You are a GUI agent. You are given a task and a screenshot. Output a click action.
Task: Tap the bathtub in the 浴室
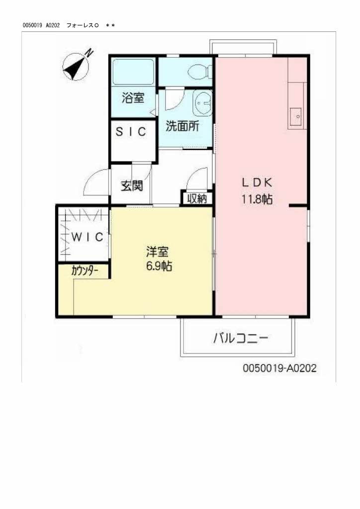tap(133, 73)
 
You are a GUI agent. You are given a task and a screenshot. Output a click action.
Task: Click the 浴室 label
tap(133, 98)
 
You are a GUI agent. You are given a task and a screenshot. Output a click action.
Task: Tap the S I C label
tap(131, 132)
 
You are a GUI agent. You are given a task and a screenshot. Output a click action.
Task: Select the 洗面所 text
tap(182, 126)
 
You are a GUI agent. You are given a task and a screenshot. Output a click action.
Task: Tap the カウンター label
tap(84, 271)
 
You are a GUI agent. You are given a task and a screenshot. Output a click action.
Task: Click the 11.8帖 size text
tap(257, 200)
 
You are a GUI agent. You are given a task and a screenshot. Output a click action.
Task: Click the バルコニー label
tap(241, 339)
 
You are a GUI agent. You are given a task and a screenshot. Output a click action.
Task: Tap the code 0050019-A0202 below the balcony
tap(279, 368)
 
